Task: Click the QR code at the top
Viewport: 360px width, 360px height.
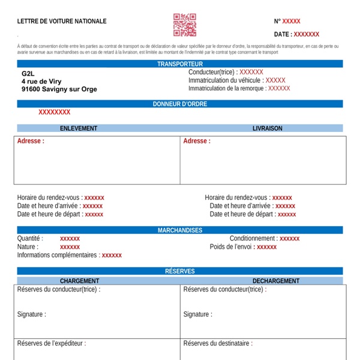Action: coord(185,25)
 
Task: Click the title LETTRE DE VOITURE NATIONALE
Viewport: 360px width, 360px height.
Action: coord(62,21)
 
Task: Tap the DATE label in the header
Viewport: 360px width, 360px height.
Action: coord(283,35)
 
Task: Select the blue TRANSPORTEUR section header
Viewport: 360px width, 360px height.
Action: coord(180,64)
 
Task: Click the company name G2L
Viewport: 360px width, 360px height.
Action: coord(28,73)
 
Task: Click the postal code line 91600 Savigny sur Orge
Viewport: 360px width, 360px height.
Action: coord(59,89)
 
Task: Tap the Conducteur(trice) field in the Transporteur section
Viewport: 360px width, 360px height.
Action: coord(212,72)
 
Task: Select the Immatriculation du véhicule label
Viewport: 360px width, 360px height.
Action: coord(224,80)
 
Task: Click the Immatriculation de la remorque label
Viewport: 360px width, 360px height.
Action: coord(227,88)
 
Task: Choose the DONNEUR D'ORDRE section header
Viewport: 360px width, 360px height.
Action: coord(180,104)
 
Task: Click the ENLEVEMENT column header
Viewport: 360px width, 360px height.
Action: coord(79,128)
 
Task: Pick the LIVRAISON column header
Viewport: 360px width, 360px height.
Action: coord(267,128)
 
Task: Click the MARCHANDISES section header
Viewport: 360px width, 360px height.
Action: coord(180,230)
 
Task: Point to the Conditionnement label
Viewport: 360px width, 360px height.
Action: coord(253,239)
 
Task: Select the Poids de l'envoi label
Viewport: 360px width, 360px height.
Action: coord(230,247)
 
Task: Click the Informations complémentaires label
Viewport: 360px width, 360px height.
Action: coord(57,255)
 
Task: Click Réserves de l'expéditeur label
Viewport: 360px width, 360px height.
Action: coord(51,344)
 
